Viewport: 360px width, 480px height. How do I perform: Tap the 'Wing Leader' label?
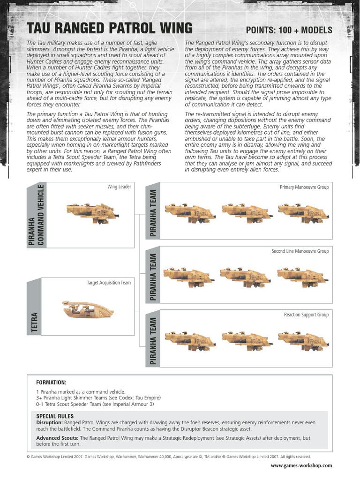(x=119, y=187)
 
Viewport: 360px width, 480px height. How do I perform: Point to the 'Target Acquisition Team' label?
(x=109, y=283)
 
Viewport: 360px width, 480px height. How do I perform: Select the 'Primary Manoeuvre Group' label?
(x=304, y=187)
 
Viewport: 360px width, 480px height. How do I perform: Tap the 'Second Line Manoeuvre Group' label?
(x=300, y=251)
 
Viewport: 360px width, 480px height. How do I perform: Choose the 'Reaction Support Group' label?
(x=306, y=315)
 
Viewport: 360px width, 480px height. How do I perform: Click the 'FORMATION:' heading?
(x=52, y=383)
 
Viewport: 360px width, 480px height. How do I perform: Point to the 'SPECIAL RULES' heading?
(x=55, y=416)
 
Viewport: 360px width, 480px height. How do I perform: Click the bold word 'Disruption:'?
(x=49, y=422)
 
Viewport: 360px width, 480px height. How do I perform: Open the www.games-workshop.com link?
(x=301, y=465)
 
